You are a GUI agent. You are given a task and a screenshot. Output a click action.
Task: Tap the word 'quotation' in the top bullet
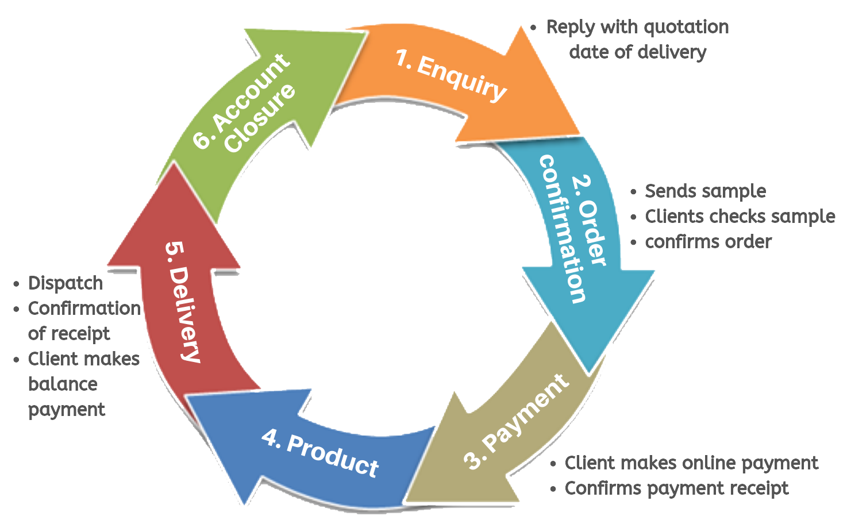684,27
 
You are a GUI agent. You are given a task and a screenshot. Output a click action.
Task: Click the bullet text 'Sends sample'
705,191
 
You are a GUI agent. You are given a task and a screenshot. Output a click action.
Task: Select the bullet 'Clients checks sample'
740,216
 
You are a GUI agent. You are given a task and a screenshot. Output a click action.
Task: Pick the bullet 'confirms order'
708,241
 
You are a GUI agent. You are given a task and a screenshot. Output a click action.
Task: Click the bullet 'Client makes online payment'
691,463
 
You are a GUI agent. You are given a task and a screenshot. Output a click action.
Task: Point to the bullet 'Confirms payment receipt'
676,488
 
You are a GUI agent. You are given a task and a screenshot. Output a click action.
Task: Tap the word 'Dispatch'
66,283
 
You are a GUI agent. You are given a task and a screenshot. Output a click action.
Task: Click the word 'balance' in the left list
63,384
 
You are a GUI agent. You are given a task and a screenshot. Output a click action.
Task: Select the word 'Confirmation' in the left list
84,308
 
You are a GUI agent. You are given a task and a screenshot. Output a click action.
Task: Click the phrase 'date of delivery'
637,52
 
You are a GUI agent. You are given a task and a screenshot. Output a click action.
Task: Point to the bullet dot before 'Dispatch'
16,284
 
